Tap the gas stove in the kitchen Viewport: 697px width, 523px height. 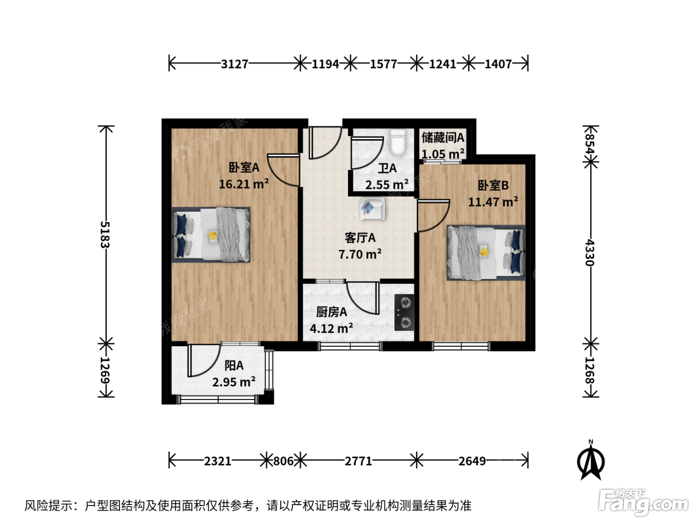click(405, 312)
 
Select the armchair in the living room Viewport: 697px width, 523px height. click(372, 209)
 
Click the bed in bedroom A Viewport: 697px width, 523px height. click(211, 235)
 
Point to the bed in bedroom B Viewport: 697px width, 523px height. click(486, 253)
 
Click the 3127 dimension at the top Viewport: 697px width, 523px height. click(234, 64)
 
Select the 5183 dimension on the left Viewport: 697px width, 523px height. click(105, 235)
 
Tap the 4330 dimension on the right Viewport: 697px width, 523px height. click(590, 253)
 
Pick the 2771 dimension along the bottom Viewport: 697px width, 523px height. click(358, 461)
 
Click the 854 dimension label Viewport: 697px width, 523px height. click(590, 144)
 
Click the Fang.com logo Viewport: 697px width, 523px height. click(643, 503)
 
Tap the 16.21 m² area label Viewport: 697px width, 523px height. click(244, 184)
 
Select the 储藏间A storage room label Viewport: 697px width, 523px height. click(443, 138)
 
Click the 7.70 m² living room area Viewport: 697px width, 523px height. click(360, 254)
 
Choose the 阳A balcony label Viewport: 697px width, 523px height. click(234, 366)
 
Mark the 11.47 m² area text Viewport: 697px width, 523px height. click(493, 202)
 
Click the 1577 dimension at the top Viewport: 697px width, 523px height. click(383, 64)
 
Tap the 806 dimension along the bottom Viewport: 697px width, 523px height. click(284, 461)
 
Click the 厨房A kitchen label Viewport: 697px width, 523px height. click(331, 312)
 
